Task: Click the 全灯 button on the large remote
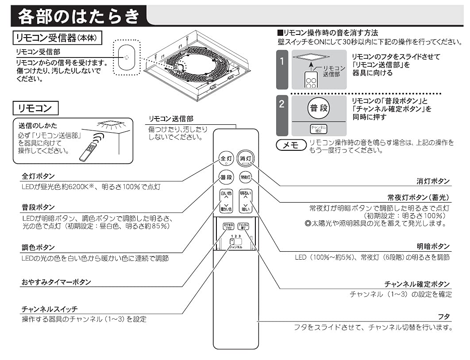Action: tap(226, 158)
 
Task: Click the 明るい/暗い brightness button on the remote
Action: tap(245, 201)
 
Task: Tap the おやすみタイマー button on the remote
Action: tap(228, 226)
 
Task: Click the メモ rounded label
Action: tap(291, 145)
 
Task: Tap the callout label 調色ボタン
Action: tap(39, 247)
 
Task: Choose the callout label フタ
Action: tap(443, 317)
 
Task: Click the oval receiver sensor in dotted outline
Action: tap(127, 57)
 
